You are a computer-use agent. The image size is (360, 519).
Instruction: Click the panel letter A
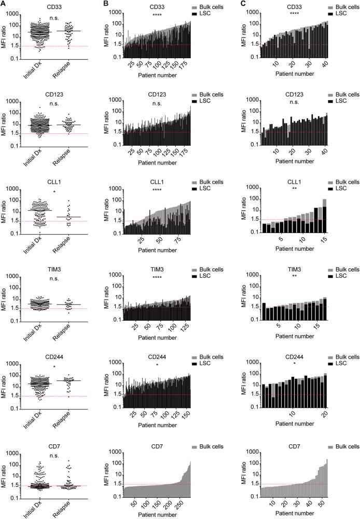coord(4,3)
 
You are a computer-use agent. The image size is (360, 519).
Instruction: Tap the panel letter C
coord(242,3)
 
